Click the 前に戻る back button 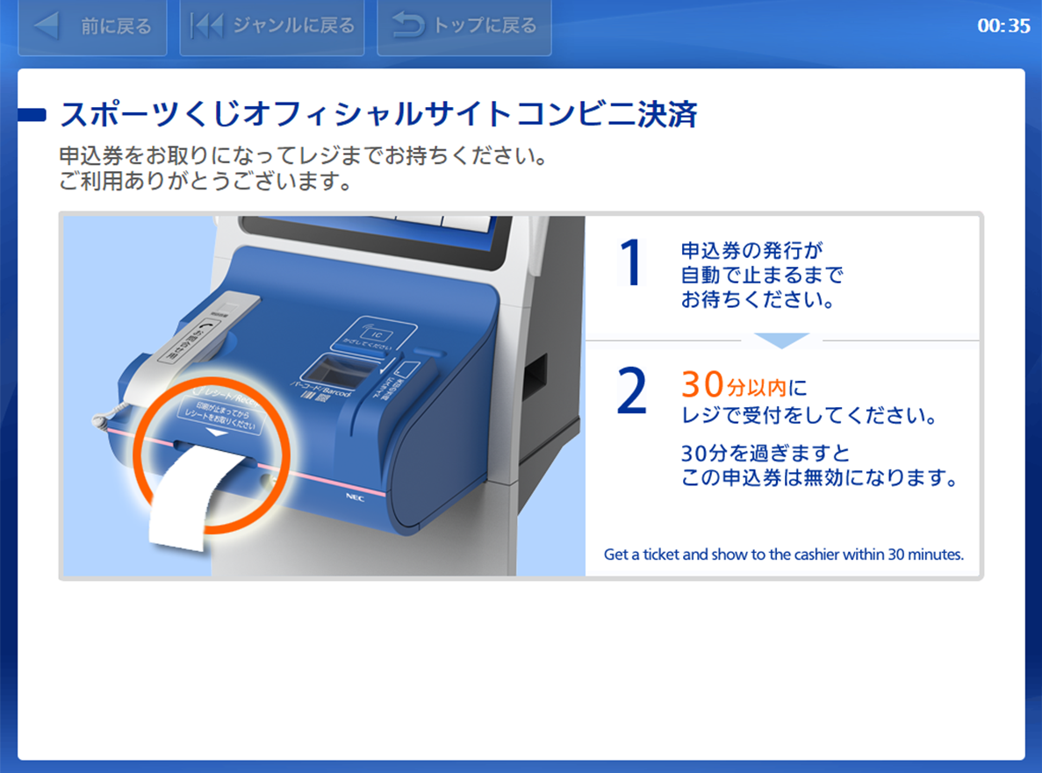tap(92, 26)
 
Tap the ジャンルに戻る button tap(272, 26)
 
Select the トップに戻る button tap(464, 26)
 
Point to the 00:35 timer tap(1003, 26)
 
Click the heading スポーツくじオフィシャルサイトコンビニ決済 tap(378, 115)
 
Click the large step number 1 tap(631, 263)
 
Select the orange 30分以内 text tap(735, 385)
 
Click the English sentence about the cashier tap(783, 555)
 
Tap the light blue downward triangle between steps tap(781, 340)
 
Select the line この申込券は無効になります tap(818, 479)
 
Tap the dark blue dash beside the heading tap(32, 115)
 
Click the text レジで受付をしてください tap(808, 415)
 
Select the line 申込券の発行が tap(751, 249)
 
